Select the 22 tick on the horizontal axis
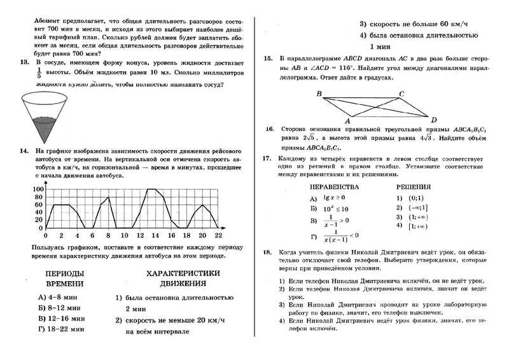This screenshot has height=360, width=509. (x=218, y=234)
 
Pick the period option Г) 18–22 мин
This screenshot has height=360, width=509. (x=61, y=329)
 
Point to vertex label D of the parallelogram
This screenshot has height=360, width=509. (x=433, y=120)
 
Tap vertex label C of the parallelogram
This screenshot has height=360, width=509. (x=401, y=93)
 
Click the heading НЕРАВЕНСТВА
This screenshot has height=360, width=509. (x=333, y=187)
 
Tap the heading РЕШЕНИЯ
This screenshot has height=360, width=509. (x=414, y=187)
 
